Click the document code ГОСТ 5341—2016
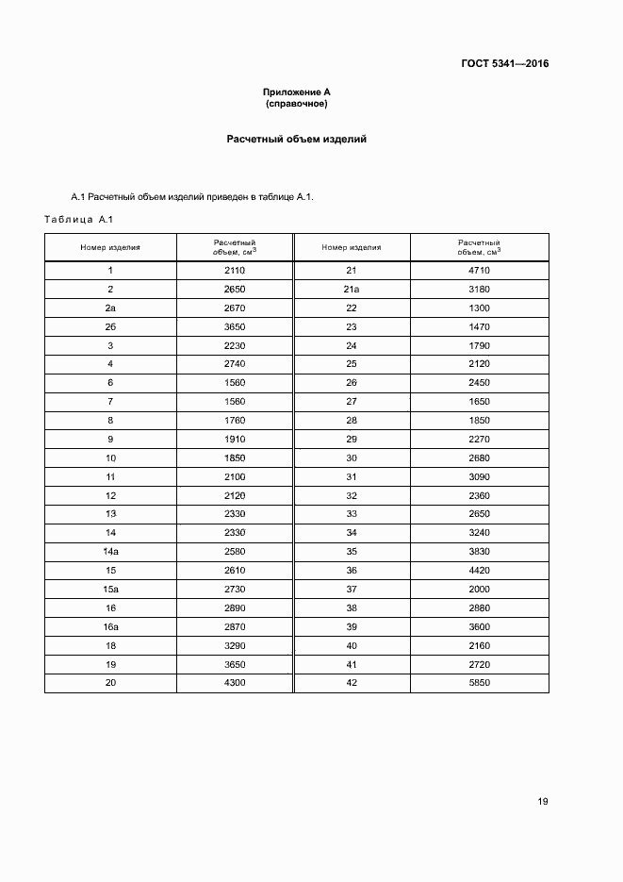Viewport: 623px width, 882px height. coord(504,64)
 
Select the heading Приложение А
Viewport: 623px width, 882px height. coord(296,92)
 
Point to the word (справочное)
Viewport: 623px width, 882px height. coord(296,103)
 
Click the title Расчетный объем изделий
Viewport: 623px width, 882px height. coord(296,140)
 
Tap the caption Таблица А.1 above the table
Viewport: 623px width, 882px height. coord(78,220)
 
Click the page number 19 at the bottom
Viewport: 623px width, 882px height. coord(543,802)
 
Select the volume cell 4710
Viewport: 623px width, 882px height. coord(479,271)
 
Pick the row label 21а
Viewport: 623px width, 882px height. coord(352,290)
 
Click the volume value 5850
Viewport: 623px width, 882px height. coord(479,683)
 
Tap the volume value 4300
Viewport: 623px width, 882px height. coord(235,683)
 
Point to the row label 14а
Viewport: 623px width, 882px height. coord(110,552)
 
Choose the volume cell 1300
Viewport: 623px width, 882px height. coord(479,308)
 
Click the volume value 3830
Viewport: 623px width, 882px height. coord(479,552)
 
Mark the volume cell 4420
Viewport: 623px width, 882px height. coord(479,571)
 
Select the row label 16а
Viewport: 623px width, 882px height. coord(110,626)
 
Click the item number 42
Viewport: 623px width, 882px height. coord(352,683)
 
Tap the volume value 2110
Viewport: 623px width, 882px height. coord(235,271)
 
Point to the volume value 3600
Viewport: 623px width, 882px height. coord(479,626)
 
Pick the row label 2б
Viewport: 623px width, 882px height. coord(110,326)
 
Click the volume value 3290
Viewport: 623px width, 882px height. coord(235,645)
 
